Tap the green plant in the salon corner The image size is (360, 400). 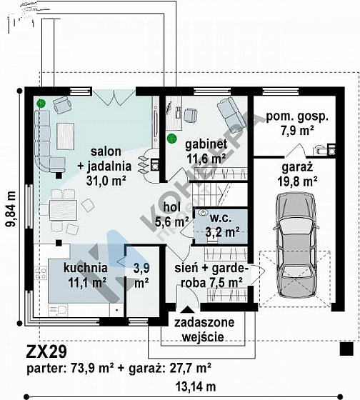(x=41, y=104)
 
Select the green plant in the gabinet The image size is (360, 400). (x=171, y=139)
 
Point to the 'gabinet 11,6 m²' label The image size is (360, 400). (x=206, y=151)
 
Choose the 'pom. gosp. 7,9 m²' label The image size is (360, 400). (x=297, y=124)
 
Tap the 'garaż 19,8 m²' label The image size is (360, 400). (x=297, y=175)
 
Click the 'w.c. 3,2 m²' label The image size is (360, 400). (x=222, y=226)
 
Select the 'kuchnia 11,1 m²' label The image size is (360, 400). (x=86, y=276)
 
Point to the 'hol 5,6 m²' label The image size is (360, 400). (x=172, y=214)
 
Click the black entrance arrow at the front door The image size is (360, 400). (x=188, y=309)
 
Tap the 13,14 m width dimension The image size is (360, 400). (x=196, y=386)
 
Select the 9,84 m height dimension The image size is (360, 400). (x=11, y=209)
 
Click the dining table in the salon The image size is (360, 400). (x=63, y=210)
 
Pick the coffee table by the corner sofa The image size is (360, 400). (x=66, y=136)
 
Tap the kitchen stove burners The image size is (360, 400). (x=41, y=273)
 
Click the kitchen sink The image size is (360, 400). (x=58, y=310)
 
